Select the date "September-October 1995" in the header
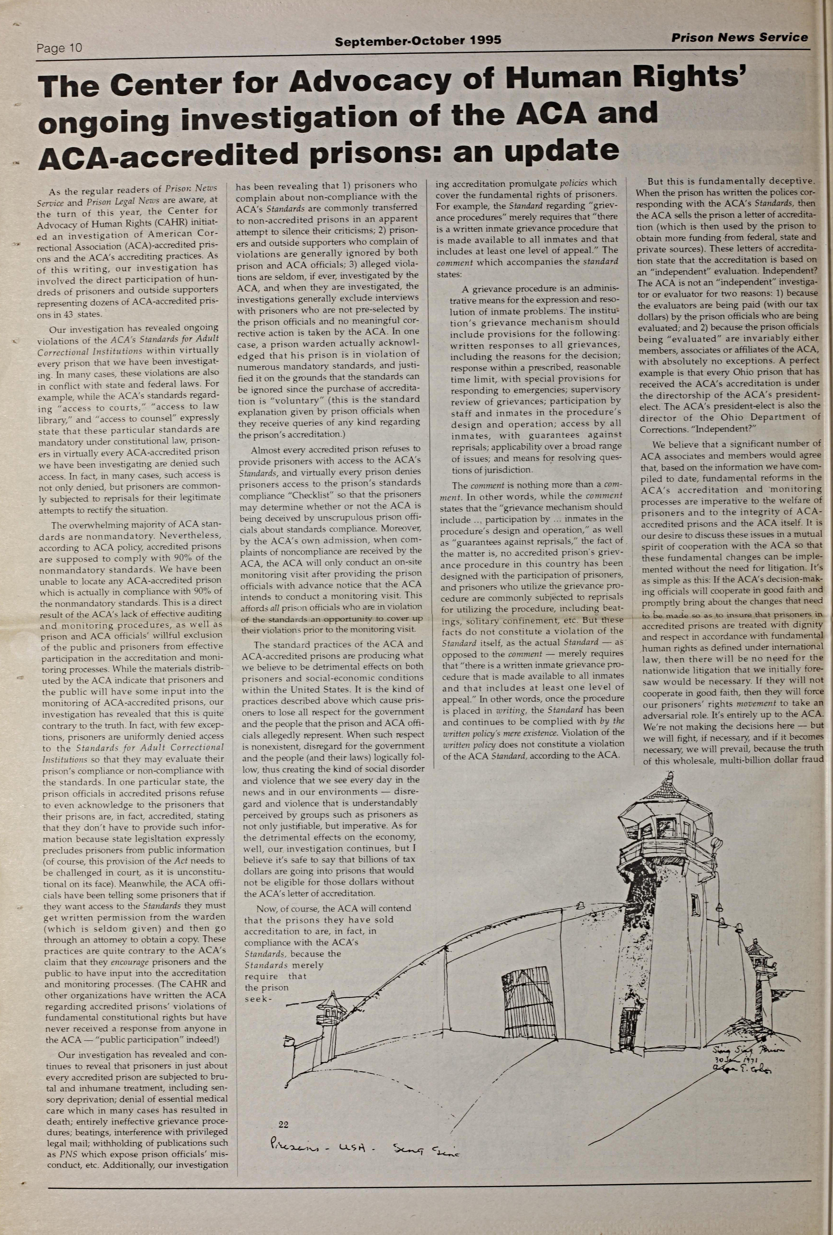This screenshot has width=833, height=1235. click(418, 40)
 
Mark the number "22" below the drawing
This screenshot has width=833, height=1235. click(283, 1124)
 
